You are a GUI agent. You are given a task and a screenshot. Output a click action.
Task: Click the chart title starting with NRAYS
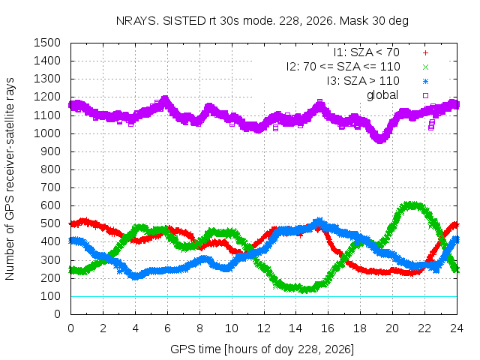click(x=262, y=21)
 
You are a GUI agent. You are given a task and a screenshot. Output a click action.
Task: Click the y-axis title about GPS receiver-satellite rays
click(x=10, y=178)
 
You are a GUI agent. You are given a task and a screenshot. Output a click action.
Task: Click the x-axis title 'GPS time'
click(x=262, y=349)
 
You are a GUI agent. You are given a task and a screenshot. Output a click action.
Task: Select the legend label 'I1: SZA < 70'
click(x=367, y=52)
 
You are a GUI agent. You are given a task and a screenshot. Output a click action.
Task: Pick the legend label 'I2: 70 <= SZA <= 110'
click(x=343, y=67)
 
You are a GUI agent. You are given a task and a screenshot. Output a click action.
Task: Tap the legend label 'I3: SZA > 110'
click(x=363, y=81)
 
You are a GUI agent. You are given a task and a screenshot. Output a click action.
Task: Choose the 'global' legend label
click(x=382, y=95)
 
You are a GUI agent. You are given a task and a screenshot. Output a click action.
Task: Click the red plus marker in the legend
click(x=425, y=53)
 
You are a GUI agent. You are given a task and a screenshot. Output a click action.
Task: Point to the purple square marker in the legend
click(x=425, y=95)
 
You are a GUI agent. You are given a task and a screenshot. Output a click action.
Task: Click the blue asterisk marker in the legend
click(x=425, y=82)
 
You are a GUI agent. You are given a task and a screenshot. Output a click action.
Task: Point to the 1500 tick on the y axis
click(x=47, y=43)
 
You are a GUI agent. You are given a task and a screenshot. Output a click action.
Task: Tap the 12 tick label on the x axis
click(x=263, y=328)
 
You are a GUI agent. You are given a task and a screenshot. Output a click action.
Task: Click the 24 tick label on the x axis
click(x=457, y=328)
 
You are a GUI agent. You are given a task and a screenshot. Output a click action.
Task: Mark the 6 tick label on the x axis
click(x=167, y=328)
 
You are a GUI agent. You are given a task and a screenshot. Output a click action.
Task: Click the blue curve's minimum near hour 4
click(x=136, y=276)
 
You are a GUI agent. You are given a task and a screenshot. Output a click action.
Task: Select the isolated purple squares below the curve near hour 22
click(x=431, y=125)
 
